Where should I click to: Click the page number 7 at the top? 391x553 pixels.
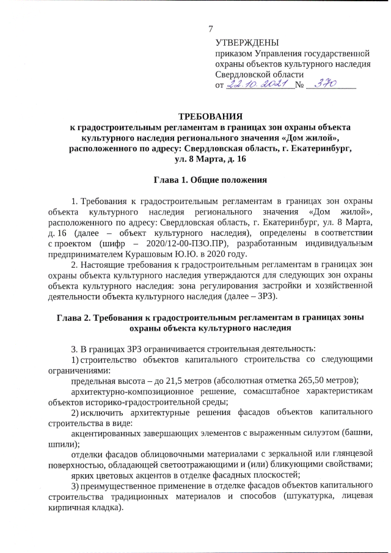pyautogui.click(x=211, y=29)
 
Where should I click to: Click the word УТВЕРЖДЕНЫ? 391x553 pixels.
pyautogui.click(x=247, y=43)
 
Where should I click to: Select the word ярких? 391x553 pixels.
pyautogui.click(x=82, y=475)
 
